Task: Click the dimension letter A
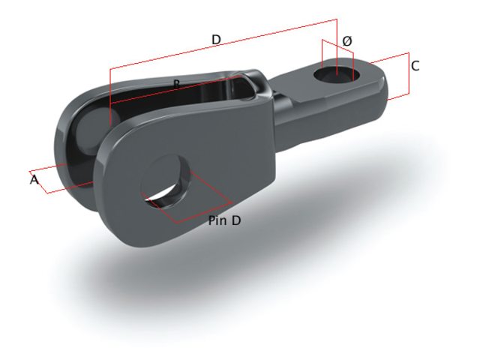pyautogui.click(x=34, y=180)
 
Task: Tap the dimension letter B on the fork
pyautogui.click(x=175, y=83)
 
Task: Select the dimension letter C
pyautogui.click(x=415, y=66)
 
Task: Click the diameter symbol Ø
pyautogui.click(x=346, y=40)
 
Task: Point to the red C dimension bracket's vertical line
pyautogui.click(x=409, y=75)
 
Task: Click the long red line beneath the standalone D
pyautogui.click(x=217, y=47)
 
